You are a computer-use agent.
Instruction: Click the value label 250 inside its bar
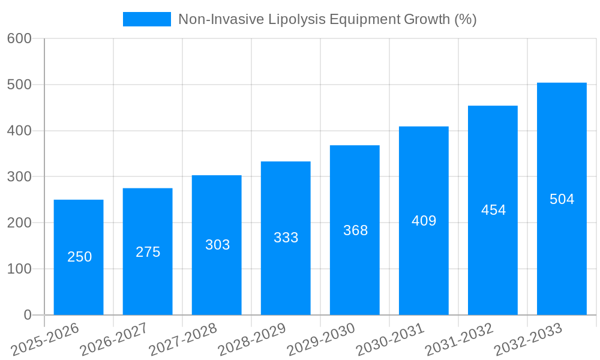(79, 257)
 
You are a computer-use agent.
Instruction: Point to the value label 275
(148, 252)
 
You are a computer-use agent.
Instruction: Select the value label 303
(217, 245)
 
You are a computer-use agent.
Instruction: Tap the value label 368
(355, 230)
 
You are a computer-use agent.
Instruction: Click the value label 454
(493, 210)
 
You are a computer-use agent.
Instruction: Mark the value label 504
(562, 199)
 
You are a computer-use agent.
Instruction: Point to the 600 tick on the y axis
(19, 38)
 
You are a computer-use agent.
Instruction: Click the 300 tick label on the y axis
(19, 176)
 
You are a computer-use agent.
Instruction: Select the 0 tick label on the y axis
(27, 315)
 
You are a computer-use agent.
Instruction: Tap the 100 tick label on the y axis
(19, 269)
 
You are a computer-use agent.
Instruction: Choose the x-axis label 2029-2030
(321, 339)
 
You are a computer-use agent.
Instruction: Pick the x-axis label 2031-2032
(459, 339)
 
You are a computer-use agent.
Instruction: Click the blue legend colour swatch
(146, 19)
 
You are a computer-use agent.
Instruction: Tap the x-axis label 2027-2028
(183, 339)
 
